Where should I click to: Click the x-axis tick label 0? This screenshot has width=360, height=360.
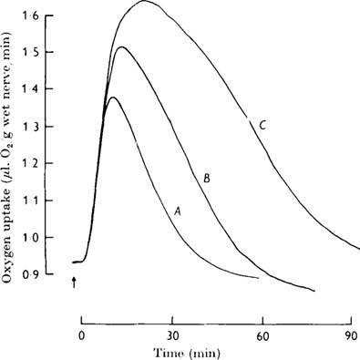pos(82,334)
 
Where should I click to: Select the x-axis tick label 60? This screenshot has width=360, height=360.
pos(262,334)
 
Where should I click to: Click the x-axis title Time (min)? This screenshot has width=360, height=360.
pos(216,351)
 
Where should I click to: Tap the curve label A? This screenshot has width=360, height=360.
pos(179,210)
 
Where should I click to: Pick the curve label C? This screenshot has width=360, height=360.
pos(262,127)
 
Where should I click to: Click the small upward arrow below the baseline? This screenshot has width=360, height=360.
pos(73,283)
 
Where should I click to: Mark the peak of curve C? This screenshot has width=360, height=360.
pos(144,2)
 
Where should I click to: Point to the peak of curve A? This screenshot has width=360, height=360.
pos(113,98)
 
